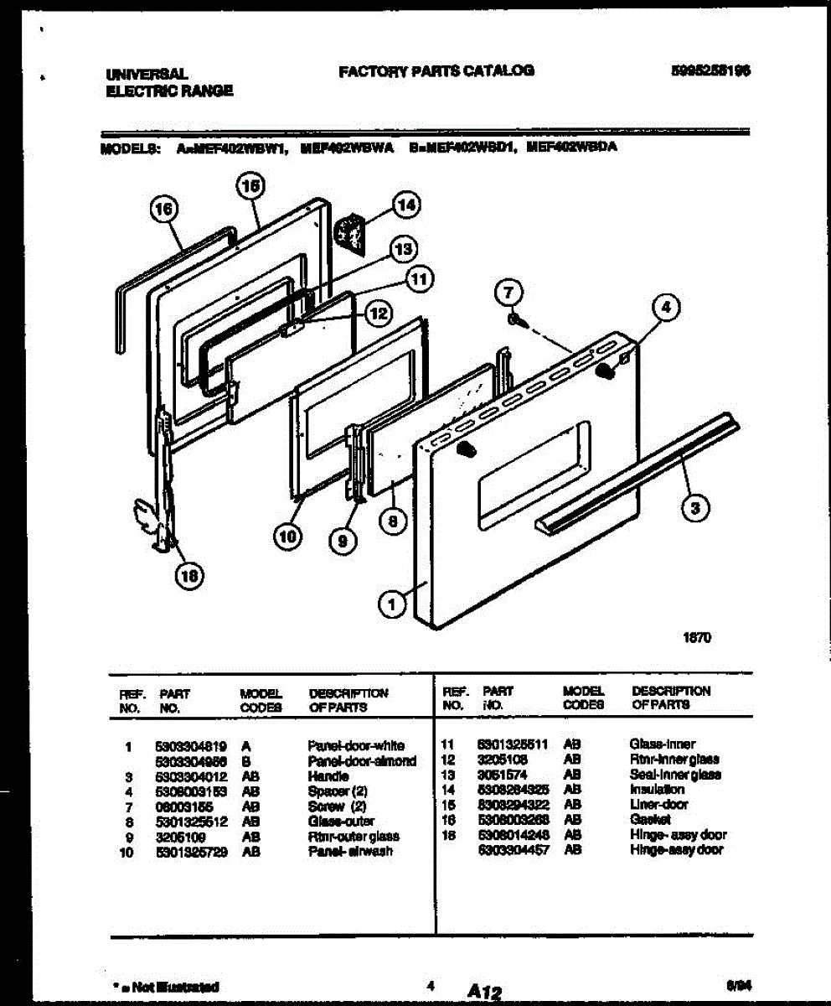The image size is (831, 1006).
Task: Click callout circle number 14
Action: tap(406, 205)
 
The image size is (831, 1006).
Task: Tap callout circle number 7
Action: tap(510, 293)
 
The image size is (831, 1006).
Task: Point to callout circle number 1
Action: tap(390, 601)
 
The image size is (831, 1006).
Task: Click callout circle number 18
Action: tap(189, 574)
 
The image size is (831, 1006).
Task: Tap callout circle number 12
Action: tap(378, 314)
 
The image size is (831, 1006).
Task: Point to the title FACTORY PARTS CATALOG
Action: tap(436, 71)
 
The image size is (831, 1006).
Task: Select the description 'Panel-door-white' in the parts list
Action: tap(356, 745)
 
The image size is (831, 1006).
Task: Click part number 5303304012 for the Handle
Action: tap(190, 776)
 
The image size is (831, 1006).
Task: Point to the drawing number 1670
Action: tap(698, 637)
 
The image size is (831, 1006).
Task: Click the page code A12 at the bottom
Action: tap(479, 992)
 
